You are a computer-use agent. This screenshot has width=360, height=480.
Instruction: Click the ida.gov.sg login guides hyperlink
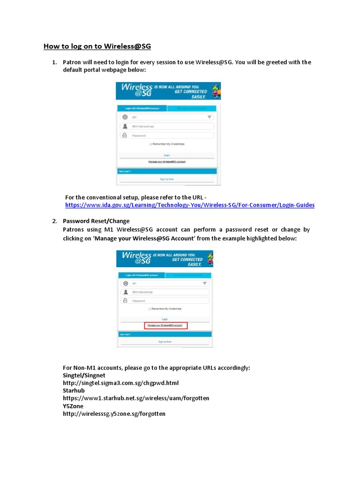coord(190,205)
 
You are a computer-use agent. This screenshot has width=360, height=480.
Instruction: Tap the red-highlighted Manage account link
coord(165,325)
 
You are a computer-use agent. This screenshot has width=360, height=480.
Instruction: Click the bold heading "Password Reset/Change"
coord(96,221)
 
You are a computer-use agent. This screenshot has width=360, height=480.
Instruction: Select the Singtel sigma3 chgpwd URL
coord(121,383)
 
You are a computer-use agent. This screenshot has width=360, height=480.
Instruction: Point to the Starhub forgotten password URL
coord(136,398)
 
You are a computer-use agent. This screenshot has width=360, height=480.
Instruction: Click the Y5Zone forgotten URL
coord(114,414)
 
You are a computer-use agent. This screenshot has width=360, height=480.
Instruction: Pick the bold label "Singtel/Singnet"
coord(84,375)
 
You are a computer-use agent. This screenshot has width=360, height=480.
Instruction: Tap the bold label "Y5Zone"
coord(73,406)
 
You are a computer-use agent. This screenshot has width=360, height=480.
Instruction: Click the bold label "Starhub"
coord(74,390)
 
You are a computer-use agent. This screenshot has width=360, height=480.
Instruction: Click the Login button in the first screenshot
coord(167,155)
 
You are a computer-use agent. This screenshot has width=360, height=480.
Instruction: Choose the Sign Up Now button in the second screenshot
coord(165,342)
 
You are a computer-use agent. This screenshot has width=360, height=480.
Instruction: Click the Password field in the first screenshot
coord(167,135)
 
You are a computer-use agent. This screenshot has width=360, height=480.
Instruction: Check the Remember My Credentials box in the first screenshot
coord(151,144)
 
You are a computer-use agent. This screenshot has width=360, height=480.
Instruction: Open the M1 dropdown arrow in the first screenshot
coord(210,117)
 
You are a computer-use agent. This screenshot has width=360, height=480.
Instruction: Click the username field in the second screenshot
coord(165,292)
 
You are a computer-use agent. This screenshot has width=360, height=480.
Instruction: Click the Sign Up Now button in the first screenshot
coord(167,179)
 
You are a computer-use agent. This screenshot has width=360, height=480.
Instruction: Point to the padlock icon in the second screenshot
coord(125,300)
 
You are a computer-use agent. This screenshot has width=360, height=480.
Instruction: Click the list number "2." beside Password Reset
coord(54,221)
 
